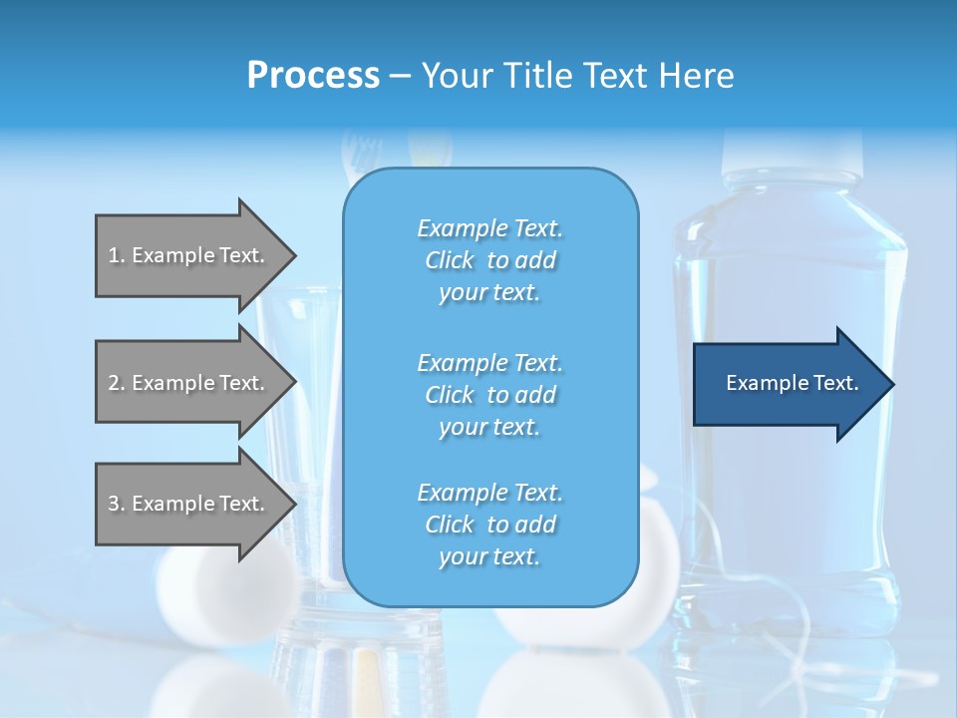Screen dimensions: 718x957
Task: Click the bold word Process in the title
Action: [x=313, y=76]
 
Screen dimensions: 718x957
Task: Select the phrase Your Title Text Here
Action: [x=577, y=76]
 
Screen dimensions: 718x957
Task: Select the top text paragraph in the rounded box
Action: [x=489, y=260]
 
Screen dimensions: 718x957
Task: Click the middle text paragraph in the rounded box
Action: [x=489, y=395]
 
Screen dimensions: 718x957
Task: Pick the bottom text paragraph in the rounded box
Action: [x=489, y=525]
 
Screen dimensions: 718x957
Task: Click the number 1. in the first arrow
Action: [x=116, y=255]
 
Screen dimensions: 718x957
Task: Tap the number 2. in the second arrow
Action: [x=116, y=383]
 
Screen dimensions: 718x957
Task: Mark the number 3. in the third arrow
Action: [x=116, y=504]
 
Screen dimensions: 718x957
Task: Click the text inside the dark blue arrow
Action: [x=793, y=384]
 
